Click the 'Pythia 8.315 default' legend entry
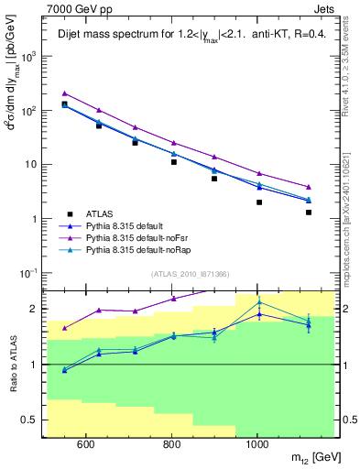(x=133, y=224)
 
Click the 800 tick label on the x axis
(x=171, y=445)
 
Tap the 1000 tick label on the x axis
(x=257, y=445)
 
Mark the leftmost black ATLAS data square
(x=64, y=104)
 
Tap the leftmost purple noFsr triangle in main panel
(x=64, y=93)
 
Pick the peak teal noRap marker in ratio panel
(x=259, y=302)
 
